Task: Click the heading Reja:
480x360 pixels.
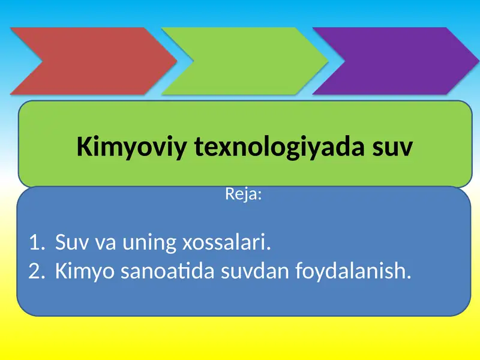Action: [x=243, y=194]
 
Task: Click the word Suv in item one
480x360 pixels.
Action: [x=67, y=244]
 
